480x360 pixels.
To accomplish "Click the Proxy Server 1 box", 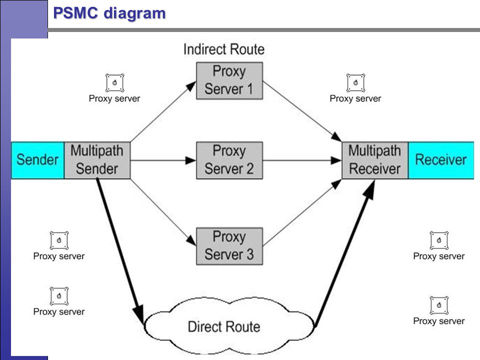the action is (x=229, y=81).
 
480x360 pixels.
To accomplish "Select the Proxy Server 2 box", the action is (x=229, y=160).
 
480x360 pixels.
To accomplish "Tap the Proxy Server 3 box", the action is (x=229, y=246).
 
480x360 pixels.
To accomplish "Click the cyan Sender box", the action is (x=37, y=160).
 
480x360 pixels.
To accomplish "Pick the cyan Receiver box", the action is (x=441, y=160).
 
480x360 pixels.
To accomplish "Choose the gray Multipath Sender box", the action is (x=97, y=160).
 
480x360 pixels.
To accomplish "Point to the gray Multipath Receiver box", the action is (x=375, y=160).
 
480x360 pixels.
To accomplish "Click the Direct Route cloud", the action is (x=229, y=326).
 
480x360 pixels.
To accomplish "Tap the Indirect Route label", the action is (x=224, y=49).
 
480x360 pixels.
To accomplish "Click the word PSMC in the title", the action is (x=75, y=13).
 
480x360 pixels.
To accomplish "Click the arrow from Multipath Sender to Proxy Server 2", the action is (x=163, y=160).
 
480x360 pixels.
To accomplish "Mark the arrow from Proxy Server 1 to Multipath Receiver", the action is (x=302, y=111).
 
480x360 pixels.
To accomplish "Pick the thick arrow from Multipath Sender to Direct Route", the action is (x=120, y=251).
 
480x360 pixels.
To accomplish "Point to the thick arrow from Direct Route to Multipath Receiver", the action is (x=345, y=253).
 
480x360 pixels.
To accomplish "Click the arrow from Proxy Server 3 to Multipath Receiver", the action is (x=302, y=213).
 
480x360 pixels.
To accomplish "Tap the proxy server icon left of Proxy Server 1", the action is (x=114, y=82).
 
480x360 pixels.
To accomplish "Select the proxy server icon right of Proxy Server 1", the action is (x=355, y=82).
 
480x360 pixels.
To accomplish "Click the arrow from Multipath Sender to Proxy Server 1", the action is (x=163, y=111).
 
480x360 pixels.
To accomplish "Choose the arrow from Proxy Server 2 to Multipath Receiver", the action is (x=302, y=160).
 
